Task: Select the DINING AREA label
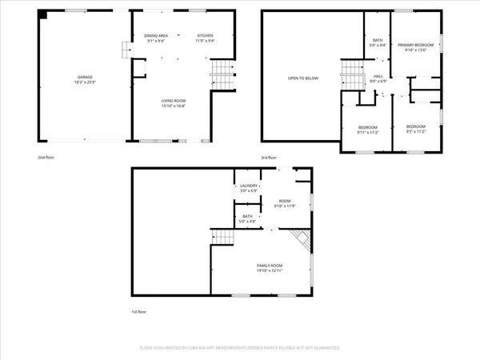coord(156,36)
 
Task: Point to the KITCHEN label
coord(205,36)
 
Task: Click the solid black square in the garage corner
coord(43,14)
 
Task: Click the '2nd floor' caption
coord(46,158)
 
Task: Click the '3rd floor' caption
coord(270,158)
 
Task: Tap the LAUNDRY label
coord(249,186)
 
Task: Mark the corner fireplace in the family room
coord(300,238)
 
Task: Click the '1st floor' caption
coord(139,311)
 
